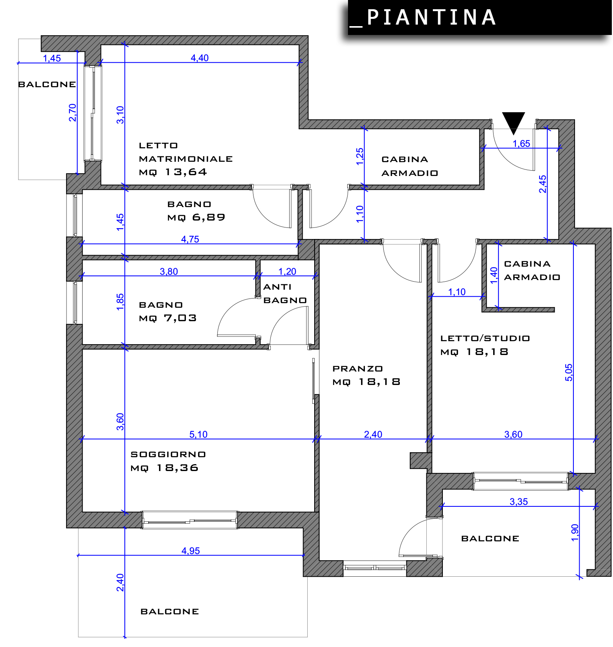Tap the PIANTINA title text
[x=431, y=18]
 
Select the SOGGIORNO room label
[x=168, y=455]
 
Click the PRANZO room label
[x=358, y=369]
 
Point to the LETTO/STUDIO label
[x=485, y=338]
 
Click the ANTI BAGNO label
[x=285, y=294]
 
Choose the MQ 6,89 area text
[x=196, y=217]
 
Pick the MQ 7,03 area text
[x=168, y=318]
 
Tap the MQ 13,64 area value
[x=173, y=172]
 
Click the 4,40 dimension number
[x=200, y=58]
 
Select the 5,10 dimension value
[x=198, y=435]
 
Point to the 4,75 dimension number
[x=190, y=239]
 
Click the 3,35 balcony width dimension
[x=519, y=502]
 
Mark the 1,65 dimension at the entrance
[x=521, y=144]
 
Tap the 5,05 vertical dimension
[x=569, y=372]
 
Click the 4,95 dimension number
[x=191, y=551]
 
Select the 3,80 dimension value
[x=169, y=272]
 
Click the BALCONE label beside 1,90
[x=490, y=539]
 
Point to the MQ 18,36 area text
[x=164, y=468]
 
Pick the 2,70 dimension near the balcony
[x=73, y=113]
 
